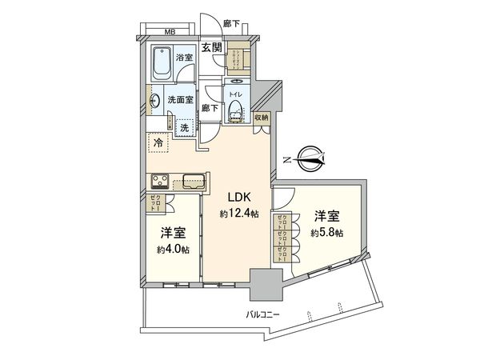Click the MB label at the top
click(x=170, y=32)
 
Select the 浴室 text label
click(x=185, y=58)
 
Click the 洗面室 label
click(x=180, y=100)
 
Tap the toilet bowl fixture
click(x=236, y=112)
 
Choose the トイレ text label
click(x=236, y=94)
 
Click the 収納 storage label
click(x=262, y=118)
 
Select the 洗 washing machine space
click(x=184, y=126)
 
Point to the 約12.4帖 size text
click(x=239, y=214)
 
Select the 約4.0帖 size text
click(x=173, y=249)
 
